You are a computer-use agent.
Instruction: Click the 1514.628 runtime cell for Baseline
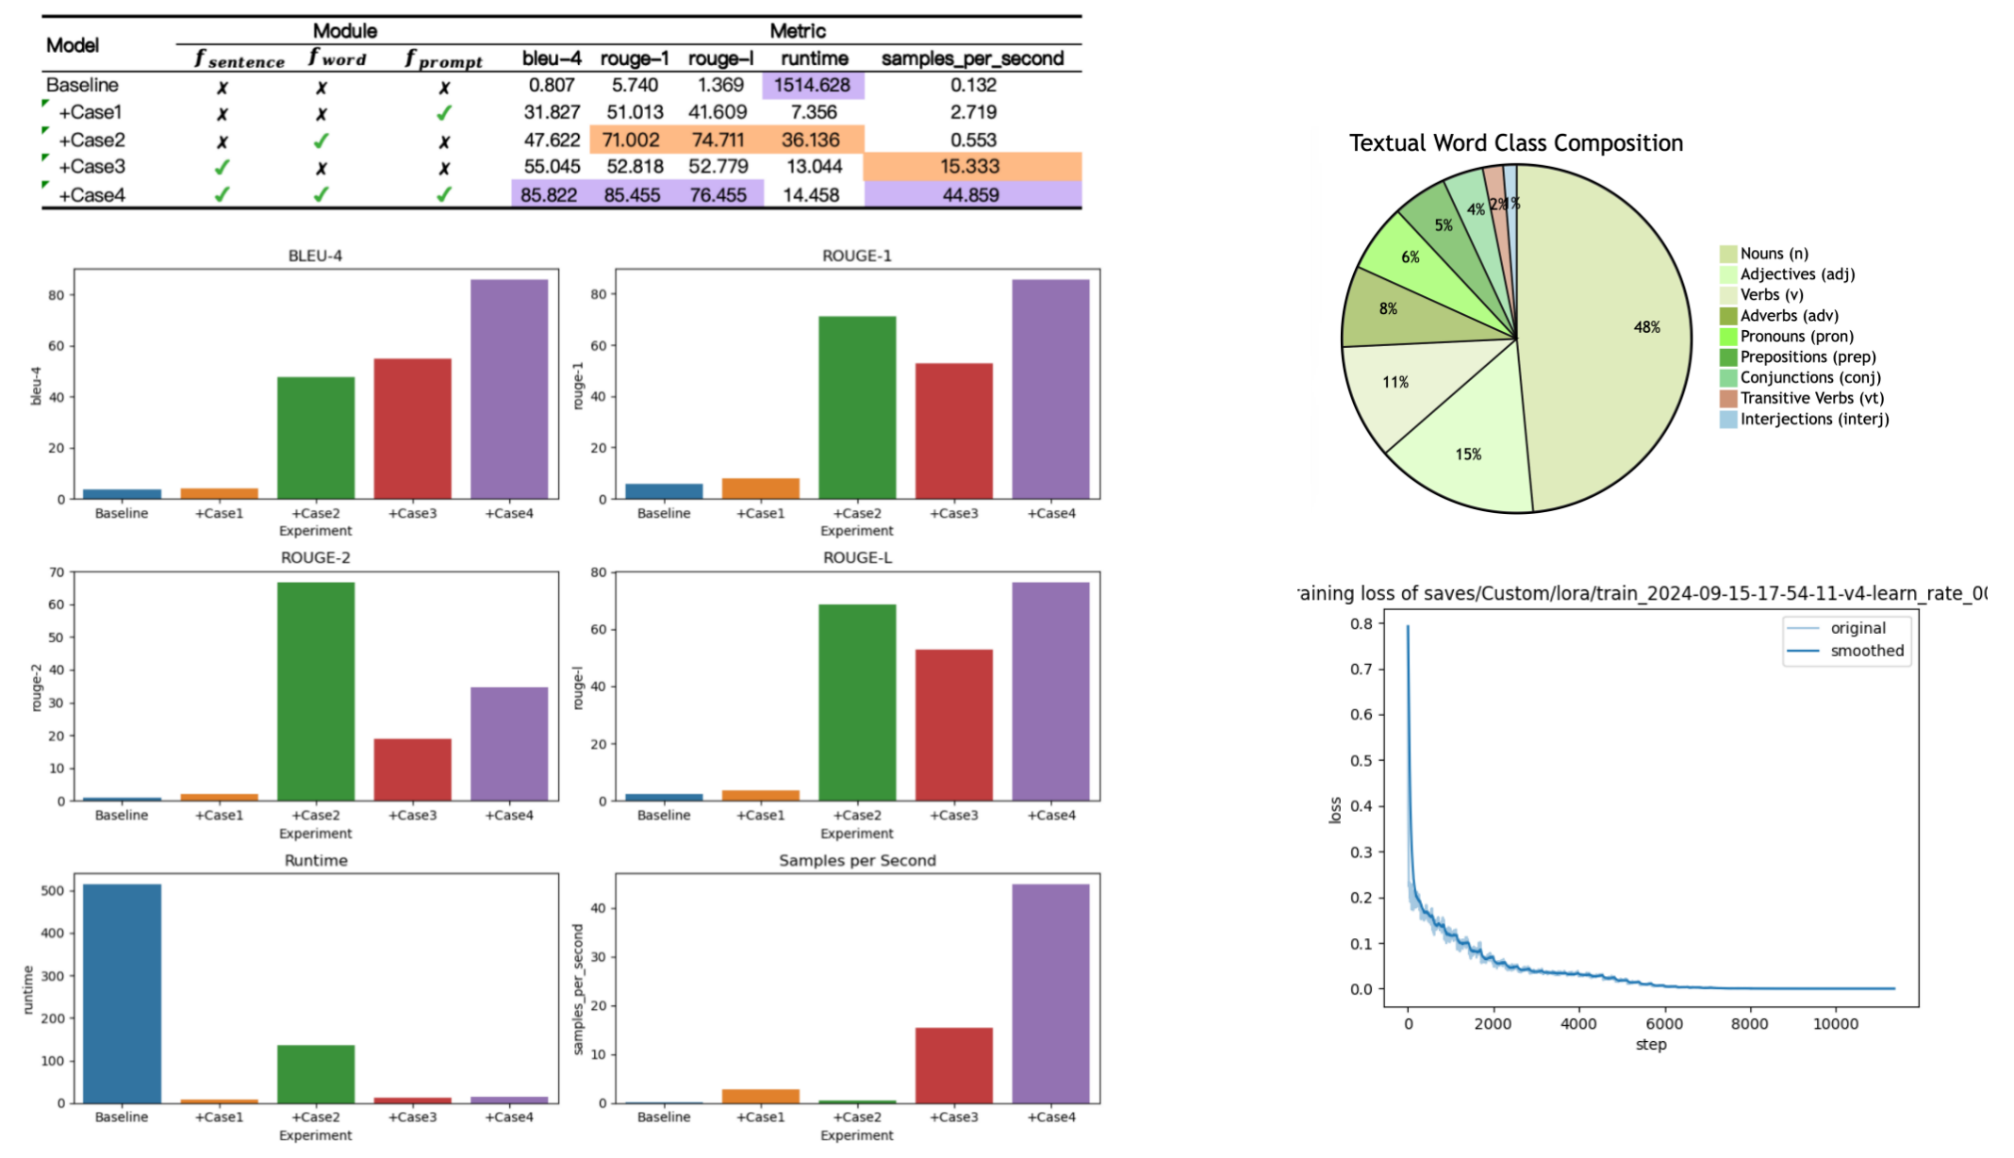(x=812, y=85)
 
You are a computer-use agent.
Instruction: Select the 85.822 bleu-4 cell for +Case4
(x=549, y=195)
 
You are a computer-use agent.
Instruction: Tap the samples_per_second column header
(x=972, y=58)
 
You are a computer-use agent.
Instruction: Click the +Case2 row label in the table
(x=91, y=141)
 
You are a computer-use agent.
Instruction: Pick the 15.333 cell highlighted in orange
(x=970, y=167)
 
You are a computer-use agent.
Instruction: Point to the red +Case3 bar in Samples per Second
(x=953, y=1065)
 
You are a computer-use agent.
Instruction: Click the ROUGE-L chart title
(x=857, y=557)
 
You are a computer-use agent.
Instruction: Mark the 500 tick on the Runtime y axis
(x=53, y=890)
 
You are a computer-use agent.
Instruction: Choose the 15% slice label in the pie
(x=1468, y=455)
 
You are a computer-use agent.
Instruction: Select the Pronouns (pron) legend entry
(x=1796, y=337)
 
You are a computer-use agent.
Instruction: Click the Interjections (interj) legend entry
(x=1814, y=420)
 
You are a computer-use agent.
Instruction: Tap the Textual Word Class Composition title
(x=1515, y=143)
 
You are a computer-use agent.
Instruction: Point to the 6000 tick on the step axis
(x=1664, y=1024)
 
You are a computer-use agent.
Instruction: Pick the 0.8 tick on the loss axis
(x=1361, y=623)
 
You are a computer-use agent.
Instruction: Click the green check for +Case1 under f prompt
(x=444, y=113)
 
